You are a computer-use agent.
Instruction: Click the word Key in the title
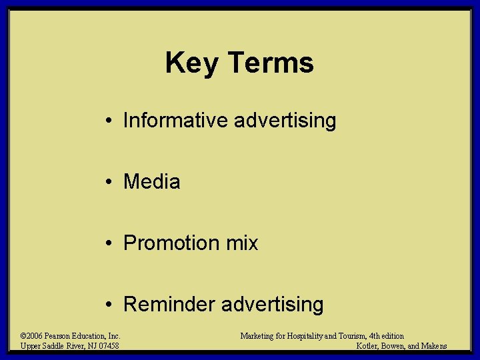click(x=193, y=63)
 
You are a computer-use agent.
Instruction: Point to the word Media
click(x=152, y=182)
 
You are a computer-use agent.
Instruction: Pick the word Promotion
click(x=171, y=243)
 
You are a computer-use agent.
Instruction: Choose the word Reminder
click(x=169, y=305)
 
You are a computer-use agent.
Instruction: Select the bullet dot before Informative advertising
click(x=107, y=121)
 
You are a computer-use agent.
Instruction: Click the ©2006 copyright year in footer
click(x=31, y=336)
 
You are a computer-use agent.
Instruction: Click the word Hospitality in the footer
click(x=314, y=336)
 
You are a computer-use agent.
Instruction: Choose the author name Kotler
click(x=369, y=345)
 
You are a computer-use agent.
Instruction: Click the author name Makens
click(x=433, y=345)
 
